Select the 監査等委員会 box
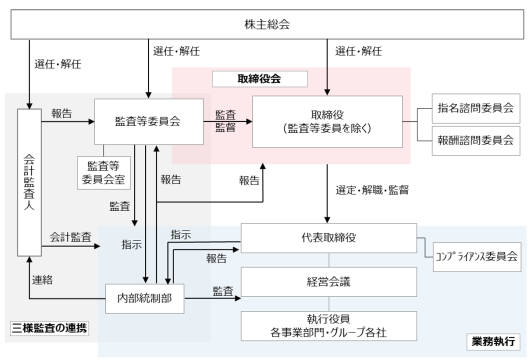pos(148,121)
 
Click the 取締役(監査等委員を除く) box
pos(327,121)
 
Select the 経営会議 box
pos(328,281)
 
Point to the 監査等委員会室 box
pos(104,172)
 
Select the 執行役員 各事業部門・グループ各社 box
pos(328,325)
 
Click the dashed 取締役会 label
pos(259,78)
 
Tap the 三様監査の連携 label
pos(49,328)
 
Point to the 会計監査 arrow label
pos(69,237)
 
